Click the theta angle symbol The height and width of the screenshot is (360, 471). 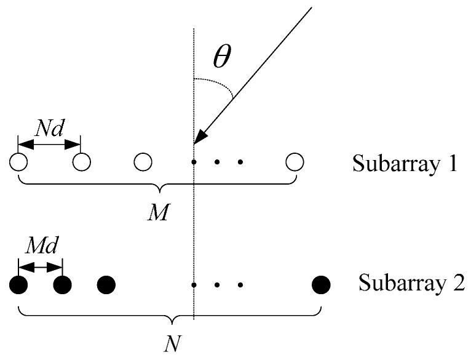pos(221,59)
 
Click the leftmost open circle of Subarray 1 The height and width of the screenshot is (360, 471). pos(18,162)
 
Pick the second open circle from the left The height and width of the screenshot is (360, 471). pos(81,162)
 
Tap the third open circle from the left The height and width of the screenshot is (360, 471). pos(143,162)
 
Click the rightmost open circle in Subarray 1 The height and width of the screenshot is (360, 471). pos(295,162)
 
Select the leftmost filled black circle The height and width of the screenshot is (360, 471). pos(19,285)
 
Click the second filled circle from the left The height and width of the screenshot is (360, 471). pos(63,285)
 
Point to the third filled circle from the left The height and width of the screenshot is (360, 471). pos(106,285)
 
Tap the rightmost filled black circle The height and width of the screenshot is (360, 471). pos(321,285)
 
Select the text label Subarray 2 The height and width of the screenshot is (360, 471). pos(411,285)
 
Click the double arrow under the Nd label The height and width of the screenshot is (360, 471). pos(50,145)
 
